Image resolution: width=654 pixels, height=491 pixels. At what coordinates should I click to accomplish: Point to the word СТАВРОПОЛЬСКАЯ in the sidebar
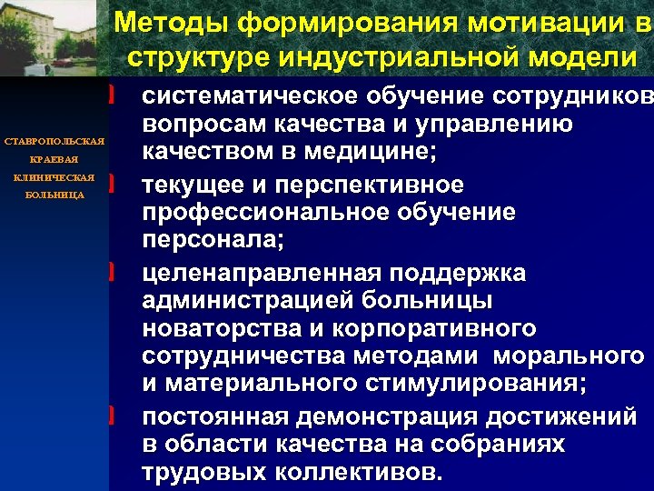coord(55,143)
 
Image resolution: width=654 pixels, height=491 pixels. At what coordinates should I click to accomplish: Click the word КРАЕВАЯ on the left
coord(55,160)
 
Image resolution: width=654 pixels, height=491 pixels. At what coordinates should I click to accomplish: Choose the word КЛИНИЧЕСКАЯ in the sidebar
coord(55,177)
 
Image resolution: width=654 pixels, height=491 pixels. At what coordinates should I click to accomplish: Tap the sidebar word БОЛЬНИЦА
coord(55,195)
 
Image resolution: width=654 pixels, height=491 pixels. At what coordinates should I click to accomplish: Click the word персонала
coord(213,242)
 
